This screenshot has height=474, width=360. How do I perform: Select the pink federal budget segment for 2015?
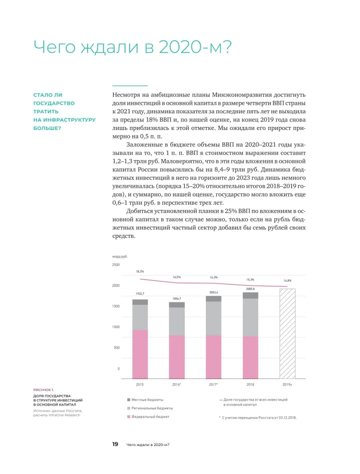[140, 354]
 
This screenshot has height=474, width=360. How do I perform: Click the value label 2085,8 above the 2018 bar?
[250, 289]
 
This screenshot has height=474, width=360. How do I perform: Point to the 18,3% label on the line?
[140, 272]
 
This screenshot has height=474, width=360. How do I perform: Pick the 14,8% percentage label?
[287, 281]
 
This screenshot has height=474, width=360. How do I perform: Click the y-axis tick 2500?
[116, 265]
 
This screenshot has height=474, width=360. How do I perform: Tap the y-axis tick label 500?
[116, 348]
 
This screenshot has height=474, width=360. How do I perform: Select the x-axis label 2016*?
[176, 384]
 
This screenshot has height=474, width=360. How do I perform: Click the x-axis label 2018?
[250, 384]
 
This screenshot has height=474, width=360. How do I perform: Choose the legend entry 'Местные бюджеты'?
[147, 400]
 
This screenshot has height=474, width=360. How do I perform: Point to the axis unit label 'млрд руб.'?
[120, 256]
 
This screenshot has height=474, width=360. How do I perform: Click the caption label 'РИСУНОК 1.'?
[43, 389]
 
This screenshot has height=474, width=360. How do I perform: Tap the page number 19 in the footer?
[115, 445]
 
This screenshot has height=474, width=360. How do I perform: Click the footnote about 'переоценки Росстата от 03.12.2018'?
[258, 418]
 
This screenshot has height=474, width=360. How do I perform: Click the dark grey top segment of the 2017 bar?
[213, 299]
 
